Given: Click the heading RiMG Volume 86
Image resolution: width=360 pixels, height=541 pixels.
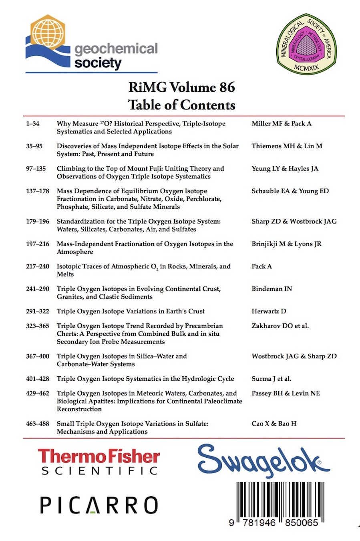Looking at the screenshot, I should tap(181, 87).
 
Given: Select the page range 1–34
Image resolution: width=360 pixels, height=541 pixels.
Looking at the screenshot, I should tap(33, 124).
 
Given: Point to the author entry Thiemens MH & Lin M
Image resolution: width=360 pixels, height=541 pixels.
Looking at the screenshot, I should tap(287, 146).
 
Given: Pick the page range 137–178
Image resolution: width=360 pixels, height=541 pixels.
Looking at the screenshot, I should tap(38, 191).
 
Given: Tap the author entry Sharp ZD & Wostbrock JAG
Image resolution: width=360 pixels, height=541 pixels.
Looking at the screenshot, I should tap(294, 222).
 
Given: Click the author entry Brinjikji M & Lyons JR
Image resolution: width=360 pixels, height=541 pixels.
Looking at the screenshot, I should tap(286, 244).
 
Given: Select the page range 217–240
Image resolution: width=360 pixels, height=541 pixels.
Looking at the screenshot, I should tap(38, 266).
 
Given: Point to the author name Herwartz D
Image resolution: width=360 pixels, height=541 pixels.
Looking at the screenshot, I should tap(269, 311).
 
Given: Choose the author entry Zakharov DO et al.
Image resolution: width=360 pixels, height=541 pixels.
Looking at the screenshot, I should tap(280, 326).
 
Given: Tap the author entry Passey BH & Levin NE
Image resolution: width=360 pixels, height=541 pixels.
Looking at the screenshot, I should tap(286, 394).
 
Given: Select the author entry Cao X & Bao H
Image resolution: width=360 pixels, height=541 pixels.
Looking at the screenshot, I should tap(274, 424).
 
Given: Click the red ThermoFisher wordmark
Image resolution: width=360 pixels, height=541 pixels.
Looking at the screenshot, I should tap(99, 456).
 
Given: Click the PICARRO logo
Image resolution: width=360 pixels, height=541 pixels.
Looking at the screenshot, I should tap(99, 505).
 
